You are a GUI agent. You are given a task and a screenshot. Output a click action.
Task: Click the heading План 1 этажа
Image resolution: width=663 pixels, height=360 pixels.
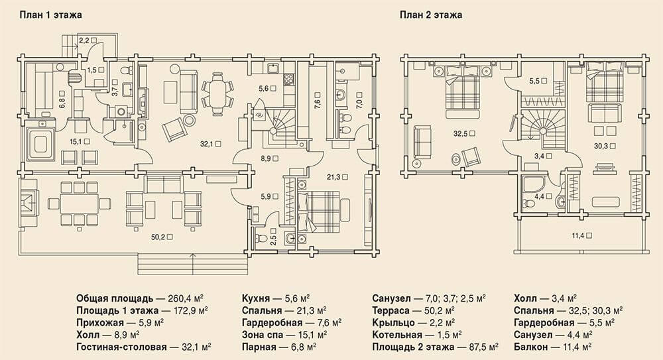coord(51,15)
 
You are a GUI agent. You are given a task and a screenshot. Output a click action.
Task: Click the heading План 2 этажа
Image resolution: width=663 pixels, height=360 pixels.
coord(431,15)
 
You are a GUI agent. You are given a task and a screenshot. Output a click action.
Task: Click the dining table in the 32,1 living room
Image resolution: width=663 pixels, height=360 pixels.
coord(217,94)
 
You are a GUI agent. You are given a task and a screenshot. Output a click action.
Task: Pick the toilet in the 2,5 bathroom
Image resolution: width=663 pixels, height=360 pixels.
coord(262,235)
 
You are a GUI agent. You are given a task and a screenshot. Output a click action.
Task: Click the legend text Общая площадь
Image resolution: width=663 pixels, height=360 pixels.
coord(115,298)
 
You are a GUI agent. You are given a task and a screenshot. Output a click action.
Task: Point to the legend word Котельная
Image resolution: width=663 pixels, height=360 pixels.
coord(397,335)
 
